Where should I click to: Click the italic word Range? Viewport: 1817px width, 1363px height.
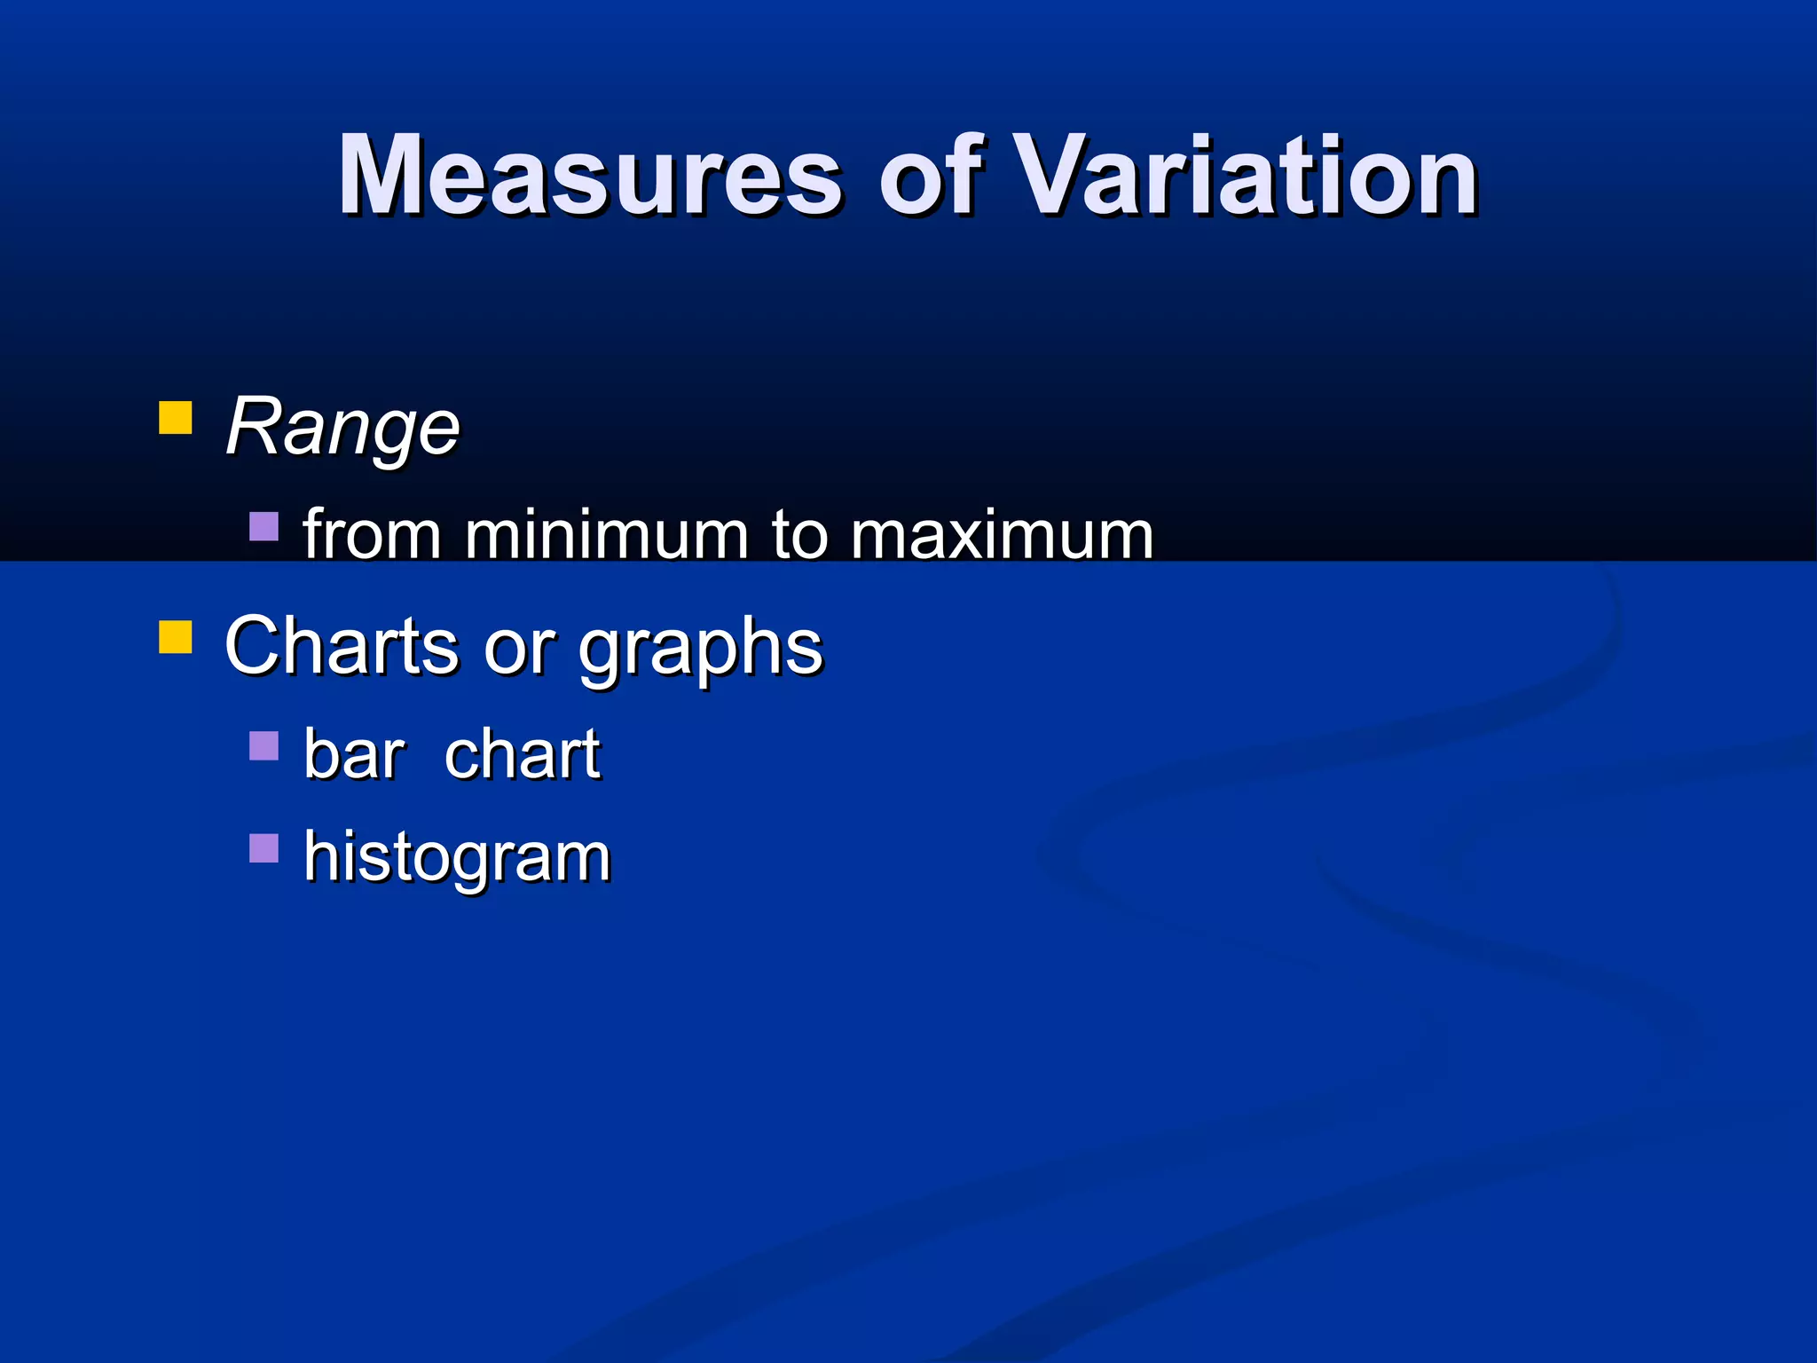pyautogui.click(x=342, y=428)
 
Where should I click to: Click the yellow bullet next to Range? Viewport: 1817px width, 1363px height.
pyautogui.click(x=176, y=418)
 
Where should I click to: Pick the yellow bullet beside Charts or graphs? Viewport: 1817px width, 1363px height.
pyautogui.click(x=176, y=637)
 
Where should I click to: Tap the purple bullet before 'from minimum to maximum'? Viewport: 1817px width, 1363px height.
pyautogui.click(x=264, y=526)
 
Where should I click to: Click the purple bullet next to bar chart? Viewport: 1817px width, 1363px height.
pyautogui.click(x=264, y=745)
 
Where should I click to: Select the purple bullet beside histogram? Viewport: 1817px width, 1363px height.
pyautogui.click(x=264, y=848)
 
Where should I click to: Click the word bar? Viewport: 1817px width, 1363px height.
pyautogui.click(x=354, y=754)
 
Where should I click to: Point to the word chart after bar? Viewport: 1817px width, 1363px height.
pyautogui.click(x=522, y=754)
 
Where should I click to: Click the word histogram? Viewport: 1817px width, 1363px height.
pyautogui.click(x=457, y=858)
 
